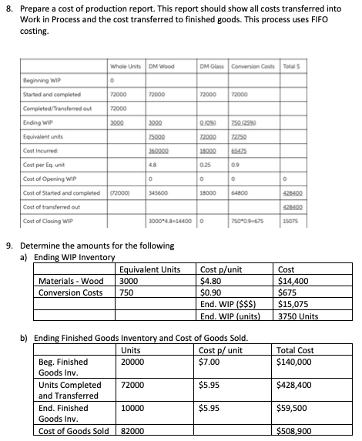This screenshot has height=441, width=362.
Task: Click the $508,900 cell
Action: [x=296, y=431]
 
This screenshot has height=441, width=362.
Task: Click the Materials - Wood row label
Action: [x=72, y=281]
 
